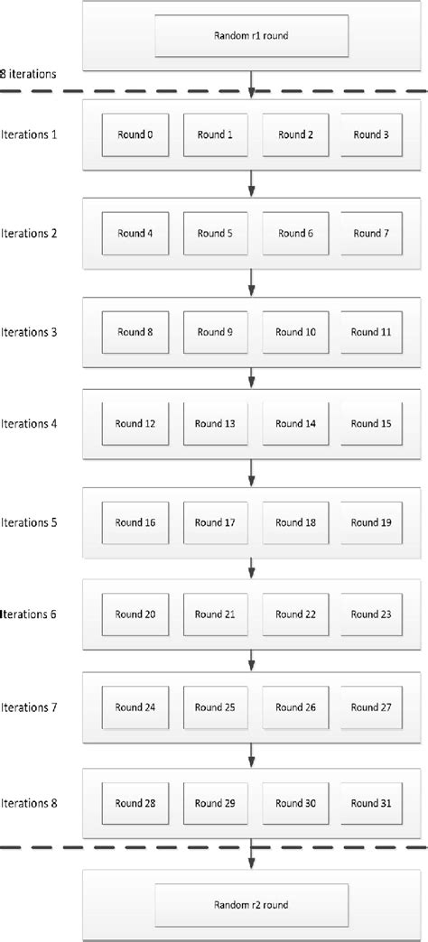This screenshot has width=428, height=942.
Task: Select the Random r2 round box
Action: click(253, 903)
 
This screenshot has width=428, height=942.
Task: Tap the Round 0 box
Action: click(135, 135)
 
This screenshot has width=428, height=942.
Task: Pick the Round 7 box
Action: click(371, 234)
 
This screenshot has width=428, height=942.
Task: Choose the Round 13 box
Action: click(214, 424)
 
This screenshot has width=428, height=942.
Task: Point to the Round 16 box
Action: click(135, 523)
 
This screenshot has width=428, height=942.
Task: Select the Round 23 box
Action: click(371, 615)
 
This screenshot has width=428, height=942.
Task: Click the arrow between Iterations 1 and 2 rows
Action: click(252, 185)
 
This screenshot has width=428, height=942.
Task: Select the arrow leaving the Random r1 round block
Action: click(252, 85)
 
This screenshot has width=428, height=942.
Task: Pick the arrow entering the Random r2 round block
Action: click(252, 857)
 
